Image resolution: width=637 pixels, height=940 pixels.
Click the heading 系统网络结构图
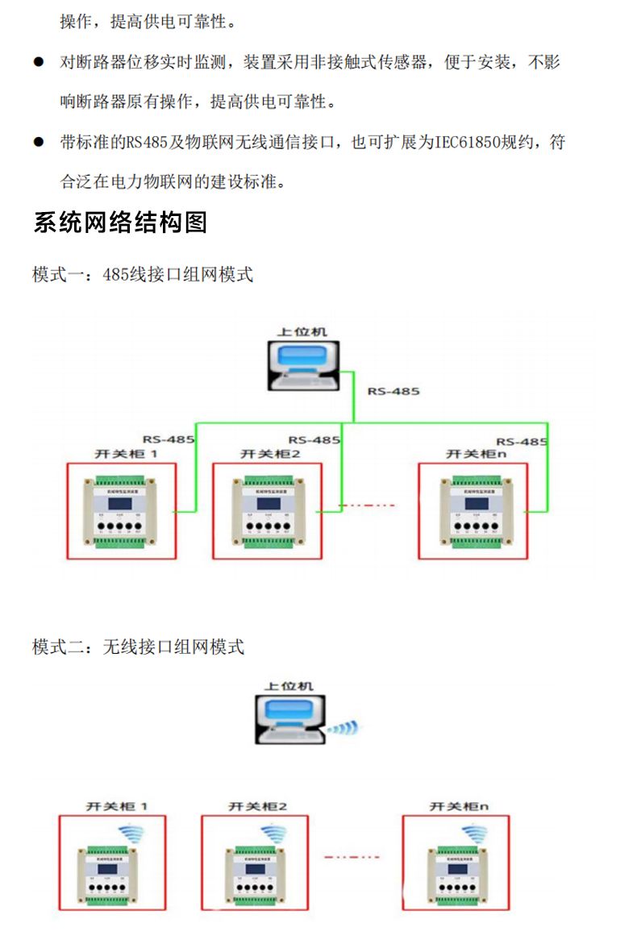(120, 223)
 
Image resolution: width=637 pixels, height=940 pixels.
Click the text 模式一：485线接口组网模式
(143, 275)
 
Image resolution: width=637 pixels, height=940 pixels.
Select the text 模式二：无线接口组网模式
(138, 647)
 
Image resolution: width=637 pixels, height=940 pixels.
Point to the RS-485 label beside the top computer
(393, 391)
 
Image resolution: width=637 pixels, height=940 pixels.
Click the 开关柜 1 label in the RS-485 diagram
(126, 454)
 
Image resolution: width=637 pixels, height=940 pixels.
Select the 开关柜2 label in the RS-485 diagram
(270, 454)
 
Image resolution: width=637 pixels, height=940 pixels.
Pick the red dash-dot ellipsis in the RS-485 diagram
(367, 505)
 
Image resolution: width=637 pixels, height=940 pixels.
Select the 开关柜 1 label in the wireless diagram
(118, 805)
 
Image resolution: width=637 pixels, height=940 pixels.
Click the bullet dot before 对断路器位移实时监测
(38, 62)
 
